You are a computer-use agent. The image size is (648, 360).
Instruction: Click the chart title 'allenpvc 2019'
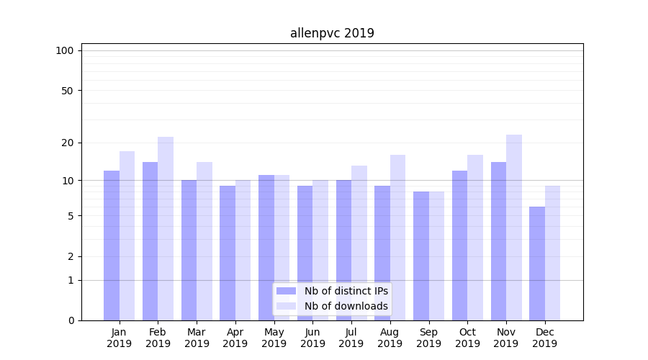[332, 33]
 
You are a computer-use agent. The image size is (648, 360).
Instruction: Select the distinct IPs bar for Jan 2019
[112, 245]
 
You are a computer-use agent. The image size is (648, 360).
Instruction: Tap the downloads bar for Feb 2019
[166, 228]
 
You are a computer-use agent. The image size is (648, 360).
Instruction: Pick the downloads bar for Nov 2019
[514, 228]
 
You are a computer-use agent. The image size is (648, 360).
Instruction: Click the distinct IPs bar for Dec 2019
[537, 264]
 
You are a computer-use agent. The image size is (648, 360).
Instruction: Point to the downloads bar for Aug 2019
[397, 238]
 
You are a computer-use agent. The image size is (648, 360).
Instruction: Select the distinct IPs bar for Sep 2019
[421, 256]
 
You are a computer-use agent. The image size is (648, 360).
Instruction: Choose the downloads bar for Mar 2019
[204, 241]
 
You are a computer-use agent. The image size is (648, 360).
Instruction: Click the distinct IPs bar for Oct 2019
[459, 245]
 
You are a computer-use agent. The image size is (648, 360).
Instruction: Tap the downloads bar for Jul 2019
[359, 243]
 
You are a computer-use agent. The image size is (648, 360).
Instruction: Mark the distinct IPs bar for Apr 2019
[228, 253]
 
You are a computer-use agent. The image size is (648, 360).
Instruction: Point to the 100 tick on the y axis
[65, 50]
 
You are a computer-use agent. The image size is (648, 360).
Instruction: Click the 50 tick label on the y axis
[67, 91]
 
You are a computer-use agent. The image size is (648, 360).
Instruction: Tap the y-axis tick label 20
[67, 143]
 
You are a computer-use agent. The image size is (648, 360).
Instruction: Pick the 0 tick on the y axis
[71, 320]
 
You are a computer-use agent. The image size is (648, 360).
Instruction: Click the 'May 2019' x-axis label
[274, 338]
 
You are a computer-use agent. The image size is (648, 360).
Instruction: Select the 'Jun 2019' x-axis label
[312, 338]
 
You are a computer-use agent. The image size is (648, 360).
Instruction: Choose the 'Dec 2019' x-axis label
[544, 338]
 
